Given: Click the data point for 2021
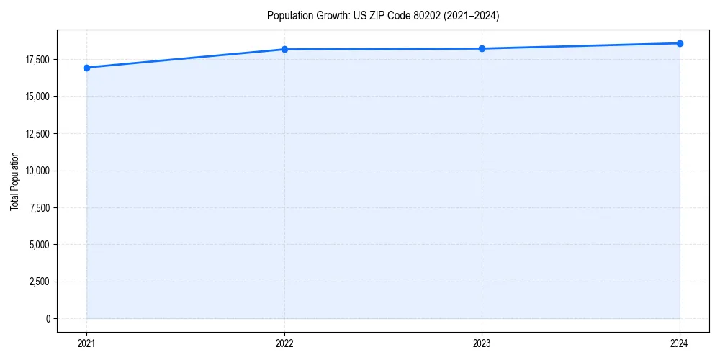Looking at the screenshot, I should click(86, 68).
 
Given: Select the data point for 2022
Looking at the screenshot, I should click(284, 49).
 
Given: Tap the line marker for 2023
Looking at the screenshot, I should click(482, 48).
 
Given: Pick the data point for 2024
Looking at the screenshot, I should click(680, 43).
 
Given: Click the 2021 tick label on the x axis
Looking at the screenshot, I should click(86, 343).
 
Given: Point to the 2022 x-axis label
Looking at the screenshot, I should click(284, 343).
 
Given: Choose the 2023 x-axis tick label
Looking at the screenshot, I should click(482, 343).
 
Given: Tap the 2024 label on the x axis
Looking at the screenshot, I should click(680, 343).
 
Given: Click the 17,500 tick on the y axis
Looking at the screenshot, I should click(38, 60).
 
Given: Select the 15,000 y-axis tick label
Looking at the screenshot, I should click(38, 96).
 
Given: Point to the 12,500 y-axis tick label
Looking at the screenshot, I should click(38, 134).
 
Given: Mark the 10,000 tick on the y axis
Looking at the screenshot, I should click(38, 171).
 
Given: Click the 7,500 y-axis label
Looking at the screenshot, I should click(40, 208).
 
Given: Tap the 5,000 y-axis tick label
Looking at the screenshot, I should click(40, 245).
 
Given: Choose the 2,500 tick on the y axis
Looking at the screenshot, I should click(40, 282).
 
